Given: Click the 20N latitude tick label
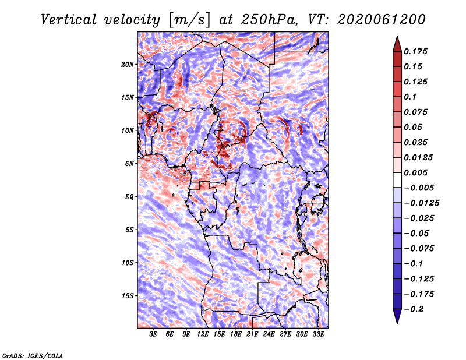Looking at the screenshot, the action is point(128,65).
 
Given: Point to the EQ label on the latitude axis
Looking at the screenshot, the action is point(129,197).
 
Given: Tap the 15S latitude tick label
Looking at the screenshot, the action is point(128,296).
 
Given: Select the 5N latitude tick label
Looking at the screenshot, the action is point(129,164).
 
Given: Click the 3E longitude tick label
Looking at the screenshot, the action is point(153,334).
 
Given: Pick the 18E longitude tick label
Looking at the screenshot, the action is point(236,334).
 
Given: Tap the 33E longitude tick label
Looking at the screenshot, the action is point(318,334).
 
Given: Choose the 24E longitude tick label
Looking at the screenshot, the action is point(269,334).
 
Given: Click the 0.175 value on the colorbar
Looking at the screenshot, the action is point(415,51).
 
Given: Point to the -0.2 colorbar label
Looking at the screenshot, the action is point(414,309).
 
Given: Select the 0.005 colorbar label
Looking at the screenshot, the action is point(415,172).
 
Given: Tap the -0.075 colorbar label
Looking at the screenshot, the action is point(419,249).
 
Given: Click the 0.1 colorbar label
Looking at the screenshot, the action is point(410,97).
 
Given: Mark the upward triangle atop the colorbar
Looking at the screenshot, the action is point(397,44).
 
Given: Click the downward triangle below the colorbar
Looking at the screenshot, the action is point(397,316).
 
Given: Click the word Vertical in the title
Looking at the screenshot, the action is point(69,20).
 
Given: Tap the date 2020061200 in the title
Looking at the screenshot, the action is point(382,20).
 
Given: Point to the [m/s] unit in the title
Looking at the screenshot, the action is point(189,20).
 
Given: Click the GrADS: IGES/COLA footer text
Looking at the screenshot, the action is point(33,355).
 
